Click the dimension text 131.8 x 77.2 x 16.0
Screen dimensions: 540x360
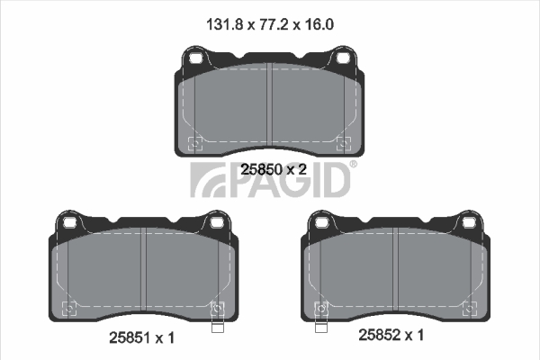coord(270,25)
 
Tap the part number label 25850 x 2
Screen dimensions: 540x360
coord(274,169)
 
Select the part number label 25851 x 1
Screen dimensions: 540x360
coord(142,338)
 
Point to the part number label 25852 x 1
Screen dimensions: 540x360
coord(391,335)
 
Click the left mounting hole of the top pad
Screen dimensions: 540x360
coord(196,58)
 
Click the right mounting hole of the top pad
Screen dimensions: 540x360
coord(343,58)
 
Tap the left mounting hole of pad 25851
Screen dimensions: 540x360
coord(70,223)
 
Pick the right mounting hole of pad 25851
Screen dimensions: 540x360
coord(217,223)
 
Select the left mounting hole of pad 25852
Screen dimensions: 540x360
coord(322,223)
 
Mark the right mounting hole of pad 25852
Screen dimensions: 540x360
coord(469,223)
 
